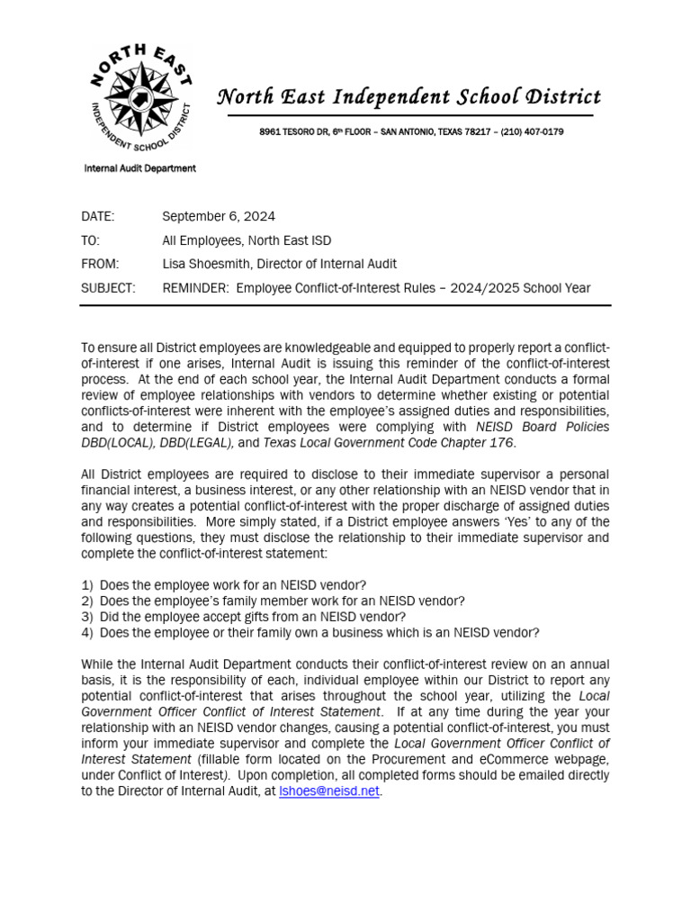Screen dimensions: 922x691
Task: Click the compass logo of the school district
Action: (139, 97)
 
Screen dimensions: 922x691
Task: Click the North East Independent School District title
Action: (409, 97)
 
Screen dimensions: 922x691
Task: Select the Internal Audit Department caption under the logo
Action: (139, 168)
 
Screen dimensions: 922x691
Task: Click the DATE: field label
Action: (98, 216)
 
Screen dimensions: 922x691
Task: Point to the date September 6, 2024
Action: (219, 216)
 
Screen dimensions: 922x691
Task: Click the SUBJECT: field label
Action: (108, 288)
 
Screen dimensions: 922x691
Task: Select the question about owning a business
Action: (310, 633)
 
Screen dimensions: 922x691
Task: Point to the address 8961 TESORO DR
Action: (296, 132)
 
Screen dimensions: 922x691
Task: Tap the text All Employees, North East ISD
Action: (247, 240)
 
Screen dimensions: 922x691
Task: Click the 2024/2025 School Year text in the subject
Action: (531, 288)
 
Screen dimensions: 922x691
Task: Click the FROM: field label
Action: (99, 264)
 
